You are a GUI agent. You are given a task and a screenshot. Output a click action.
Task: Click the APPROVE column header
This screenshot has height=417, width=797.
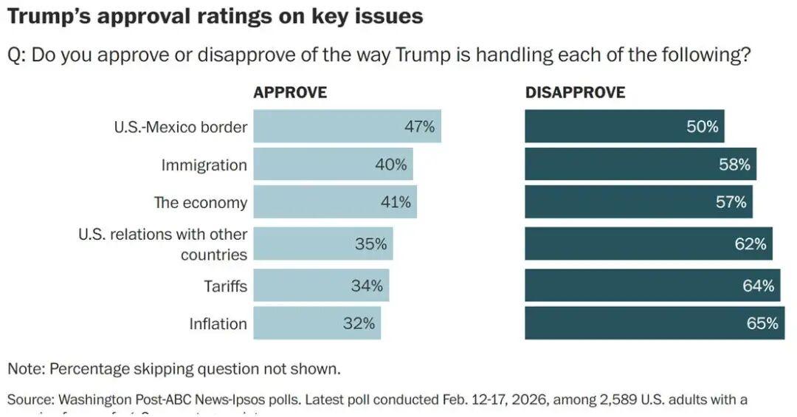290,93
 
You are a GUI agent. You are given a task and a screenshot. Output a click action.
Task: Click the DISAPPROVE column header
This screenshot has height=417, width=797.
575,93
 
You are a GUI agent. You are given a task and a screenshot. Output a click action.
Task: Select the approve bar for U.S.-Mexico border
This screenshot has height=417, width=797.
347,126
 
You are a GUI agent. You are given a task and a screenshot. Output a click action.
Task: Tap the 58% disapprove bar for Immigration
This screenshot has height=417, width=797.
640,165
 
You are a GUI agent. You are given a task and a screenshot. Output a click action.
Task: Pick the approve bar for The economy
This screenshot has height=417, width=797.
335,202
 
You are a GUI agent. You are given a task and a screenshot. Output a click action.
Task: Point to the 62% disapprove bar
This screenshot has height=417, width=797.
648,244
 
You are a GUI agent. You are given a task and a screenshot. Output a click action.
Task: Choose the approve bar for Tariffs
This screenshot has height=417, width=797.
321,286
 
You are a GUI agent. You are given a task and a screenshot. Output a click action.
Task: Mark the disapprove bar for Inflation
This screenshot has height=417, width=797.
655,323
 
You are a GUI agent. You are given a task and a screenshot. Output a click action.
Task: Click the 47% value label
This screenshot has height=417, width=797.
419,126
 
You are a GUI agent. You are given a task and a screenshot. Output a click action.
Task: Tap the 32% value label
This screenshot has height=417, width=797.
359,323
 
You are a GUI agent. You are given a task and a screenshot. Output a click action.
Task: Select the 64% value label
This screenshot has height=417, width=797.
758,286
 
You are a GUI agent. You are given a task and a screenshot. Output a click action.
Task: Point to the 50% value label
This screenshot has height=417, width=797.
702,126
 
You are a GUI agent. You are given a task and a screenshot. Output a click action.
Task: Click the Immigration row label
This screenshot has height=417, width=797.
204,165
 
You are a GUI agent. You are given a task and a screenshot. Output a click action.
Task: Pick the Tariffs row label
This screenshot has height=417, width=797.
225,286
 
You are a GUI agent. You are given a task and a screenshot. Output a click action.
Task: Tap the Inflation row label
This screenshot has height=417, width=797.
218,323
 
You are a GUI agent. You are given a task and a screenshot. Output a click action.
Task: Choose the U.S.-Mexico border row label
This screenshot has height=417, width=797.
180,126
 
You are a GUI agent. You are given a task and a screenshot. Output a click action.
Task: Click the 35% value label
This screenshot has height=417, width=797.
370,244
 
